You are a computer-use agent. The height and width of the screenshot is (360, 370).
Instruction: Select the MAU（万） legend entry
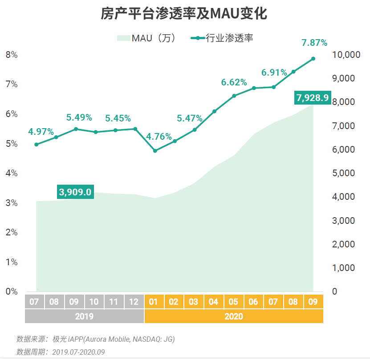pyautogui.click(x=146, y=38)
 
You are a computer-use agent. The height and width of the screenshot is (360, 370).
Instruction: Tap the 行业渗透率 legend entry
pyautogui.click(x=223, y=38)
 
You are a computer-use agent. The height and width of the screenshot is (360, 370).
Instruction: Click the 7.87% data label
pyautogui.click(x=314, y=43)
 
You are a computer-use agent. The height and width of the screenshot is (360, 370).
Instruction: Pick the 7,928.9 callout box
pyautogui.click(x=312, y=97)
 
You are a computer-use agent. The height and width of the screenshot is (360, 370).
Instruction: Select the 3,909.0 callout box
pyautogui.click(x=75, y=192)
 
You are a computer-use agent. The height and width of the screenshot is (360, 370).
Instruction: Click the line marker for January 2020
pyautogui.click(x=155, y=151)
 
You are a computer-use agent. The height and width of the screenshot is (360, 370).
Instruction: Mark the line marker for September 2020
pyautogui.click(x=313, y=59)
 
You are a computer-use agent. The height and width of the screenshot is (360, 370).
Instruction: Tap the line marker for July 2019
pyautogui.click(x=36, y=145)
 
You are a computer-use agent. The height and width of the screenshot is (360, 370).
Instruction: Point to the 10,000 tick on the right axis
pyautogui.click(x=346, y=55)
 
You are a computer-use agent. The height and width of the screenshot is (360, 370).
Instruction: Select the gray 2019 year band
pyautogui.click(x=84, y=316)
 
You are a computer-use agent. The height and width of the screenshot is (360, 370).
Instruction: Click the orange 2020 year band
pyautogui.click(x=234, y=316)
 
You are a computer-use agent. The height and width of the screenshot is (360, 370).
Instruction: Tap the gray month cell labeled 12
pyautogui.click(x=134, y=302)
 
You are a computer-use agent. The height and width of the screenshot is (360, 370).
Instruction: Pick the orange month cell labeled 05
pyautogui.click(x=233, y=302)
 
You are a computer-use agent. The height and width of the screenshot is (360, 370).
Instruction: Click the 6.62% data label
pyautogui.click(x=234, y=82)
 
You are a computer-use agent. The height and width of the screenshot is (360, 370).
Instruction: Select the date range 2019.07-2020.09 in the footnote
pyautogui.click(x=78, y=352)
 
